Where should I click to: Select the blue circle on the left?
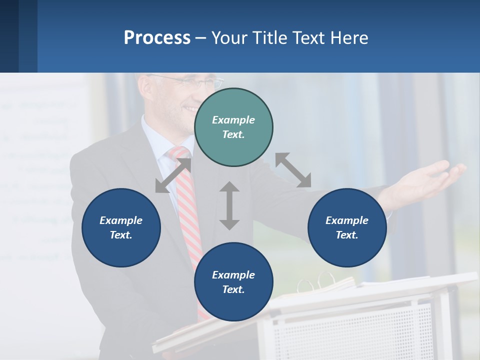pyautogui.click(x=121, y=227)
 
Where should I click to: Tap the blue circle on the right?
pyautogui.click(x=347, y=227)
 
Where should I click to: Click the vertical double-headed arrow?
pyautogui.click(x=229, y=205)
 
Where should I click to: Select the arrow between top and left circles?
pyautogui.click(x=173, y=175)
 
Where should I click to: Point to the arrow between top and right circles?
pyautogui.click(x=293, y=170)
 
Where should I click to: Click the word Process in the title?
pyautogui.click(x=157, y=37)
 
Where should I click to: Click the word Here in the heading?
pyautogui.click(x=348, y=37)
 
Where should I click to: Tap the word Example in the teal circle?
pyautogui.click(x=233, y=120)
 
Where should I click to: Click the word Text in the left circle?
pyautogui.click(x=121, y=235)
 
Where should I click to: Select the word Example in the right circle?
pyautogui.click(x=347, y=220)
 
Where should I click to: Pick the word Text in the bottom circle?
pyautogui.click(x=233, y=289)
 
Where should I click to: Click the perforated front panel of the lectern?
pyautogui.click(x=350, y=330)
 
